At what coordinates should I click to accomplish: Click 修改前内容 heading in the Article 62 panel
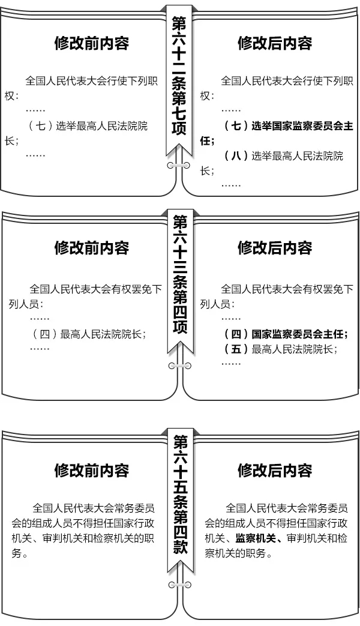coord(92,43)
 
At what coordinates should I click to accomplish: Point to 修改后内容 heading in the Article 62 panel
coord(275,43)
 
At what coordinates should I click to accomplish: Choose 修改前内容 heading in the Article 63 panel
coord(92,248)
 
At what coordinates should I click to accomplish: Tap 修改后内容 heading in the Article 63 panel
coord(275,248)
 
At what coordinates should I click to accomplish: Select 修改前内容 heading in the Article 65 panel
coord(92,471)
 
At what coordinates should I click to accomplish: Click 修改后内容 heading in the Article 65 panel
coord(275,471)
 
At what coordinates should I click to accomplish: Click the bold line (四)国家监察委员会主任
coord(285,334)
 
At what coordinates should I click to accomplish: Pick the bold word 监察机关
coord(256,538)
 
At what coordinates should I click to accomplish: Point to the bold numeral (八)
coord(236,155)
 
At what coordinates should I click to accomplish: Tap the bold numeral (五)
coord(236,349)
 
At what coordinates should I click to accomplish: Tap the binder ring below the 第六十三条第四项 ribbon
coord(179,366)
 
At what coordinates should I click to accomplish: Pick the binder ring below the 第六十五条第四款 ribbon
coord(179,585)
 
